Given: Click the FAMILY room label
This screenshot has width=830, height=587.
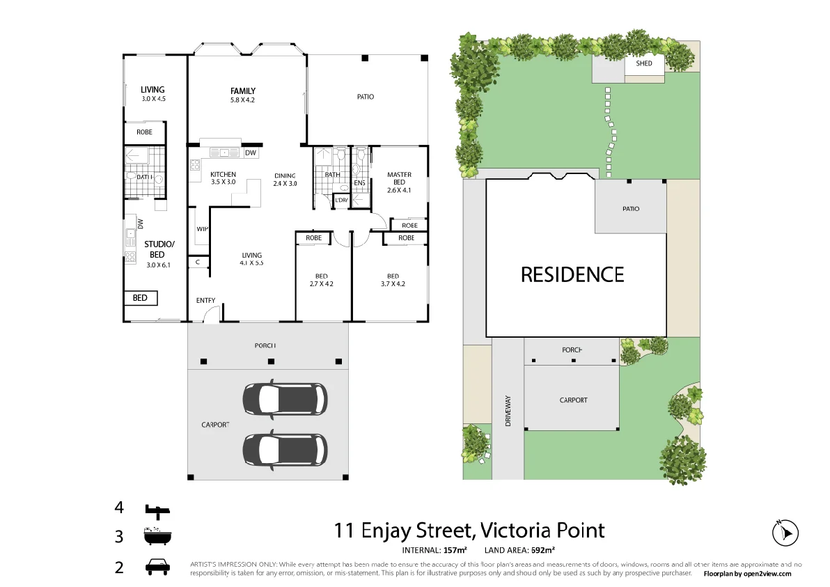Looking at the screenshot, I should pos(243,91).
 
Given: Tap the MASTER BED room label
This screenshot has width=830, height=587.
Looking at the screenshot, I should pos(399,179).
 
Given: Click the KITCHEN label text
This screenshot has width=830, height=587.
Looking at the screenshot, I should pos(223,175).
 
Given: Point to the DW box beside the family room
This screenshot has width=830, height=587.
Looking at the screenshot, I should pos(251,153).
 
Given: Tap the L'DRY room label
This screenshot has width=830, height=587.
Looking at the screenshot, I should pos(341,201).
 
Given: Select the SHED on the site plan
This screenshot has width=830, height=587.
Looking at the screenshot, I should pos(644,64).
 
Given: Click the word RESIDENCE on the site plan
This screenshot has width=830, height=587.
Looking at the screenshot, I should pos(572,274).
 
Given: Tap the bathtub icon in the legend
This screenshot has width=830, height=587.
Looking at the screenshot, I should pos(157,537).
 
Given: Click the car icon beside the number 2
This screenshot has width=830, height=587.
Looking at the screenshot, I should pos(157,567).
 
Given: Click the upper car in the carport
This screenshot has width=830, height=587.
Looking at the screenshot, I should pos(284,399).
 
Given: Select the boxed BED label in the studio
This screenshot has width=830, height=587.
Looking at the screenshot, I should pos(140,298).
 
